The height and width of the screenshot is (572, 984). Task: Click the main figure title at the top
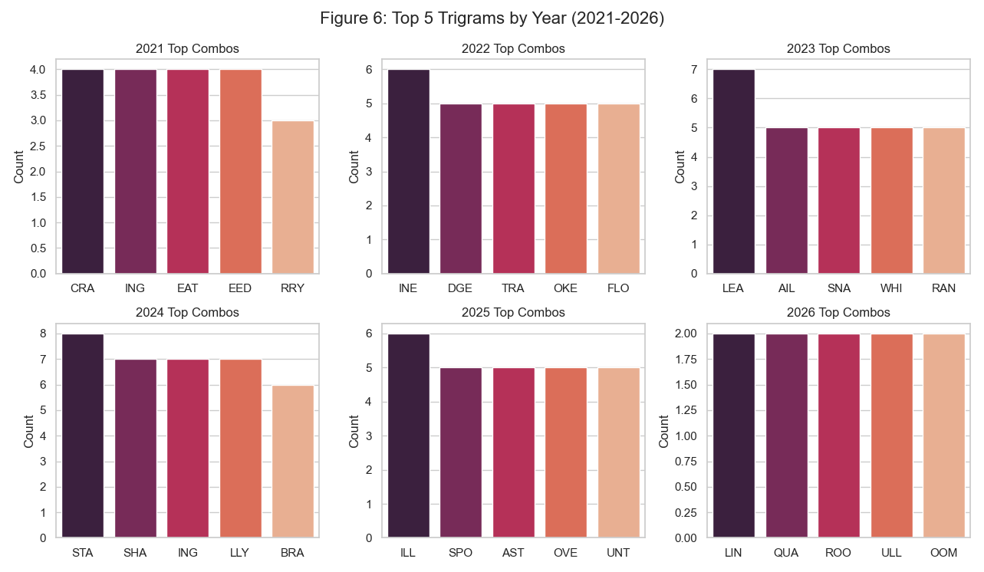coord(492,18)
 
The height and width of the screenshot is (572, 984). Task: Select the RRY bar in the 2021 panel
coord(293,197)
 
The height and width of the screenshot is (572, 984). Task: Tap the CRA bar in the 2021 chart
coord(83,172)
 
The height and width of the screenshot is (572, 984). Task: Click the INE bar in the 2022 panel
coord(409,172)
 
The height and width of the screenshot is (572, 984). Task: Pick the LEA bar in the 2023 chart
coord(734,172)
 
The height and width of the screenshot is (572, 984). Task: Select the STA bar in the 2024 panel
coord(83,436)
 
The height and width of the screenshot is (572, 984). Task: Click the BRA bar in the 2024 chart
coord(293,461)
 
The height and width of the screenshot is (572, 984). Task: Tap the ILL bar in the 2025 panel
coord(409,436)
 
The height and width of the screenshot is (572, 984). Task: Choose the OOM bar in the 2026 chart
coord(944,436)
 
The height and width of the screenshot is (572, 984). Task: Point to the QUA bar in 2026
coord(786,436)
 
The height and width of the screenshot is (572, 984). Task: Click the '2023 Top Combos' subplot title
coord(838,49)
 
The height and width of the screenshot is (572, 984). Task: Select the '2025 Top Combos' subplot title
coord(513,313)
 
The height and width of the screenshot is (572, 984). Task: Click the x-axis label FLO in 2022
coord(618,289)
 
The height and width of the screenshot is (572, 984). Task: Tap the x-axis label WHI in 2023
coord(891,289)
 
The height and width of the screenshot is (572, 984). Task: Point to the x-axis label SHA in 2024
coord(136,553)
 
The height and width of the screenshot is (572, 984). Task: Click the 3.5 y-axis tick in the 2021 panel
coord(38,95)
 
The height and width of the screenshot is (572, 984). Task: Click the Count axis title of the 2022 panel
coord(354,166)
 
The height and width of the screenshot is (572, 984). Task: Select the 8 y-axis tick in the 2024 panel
coord(43,334)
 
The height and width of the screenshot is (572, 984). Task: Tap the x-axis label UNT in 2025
coord(618,553)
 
